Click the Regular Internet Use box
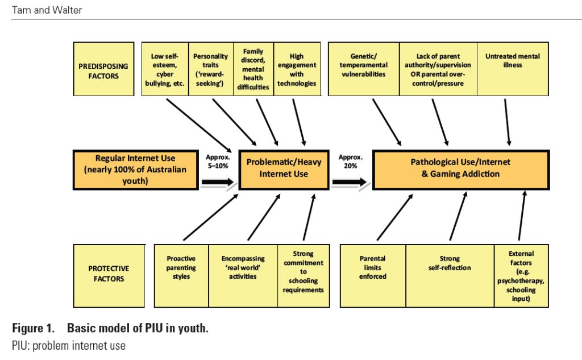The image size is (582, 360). [136, 169]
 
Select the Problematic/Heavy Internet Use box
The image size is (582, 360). [284, 168]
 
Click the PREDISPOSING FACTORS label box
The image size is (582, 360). [103, 69]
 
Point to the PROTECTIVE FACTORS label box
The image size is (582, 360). [108, 275]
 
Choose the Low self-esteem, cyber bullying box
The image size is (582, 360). [165, 69]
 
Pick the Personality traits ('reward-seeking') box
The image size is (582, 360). [210, 69]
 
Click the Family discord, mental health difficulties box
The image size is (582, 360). [253, 69]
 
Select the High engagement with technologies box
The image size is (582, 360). [297, 69]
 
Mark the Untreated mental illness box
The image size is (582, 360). [513, 69]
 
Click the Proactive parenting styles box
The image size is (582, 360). [181, 275]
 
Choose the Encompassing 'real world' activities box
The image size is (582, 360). [243, 275]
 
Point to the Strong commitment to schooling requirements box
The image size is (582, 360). [304, 275]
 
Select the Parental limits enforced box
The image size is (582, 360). [373, 275]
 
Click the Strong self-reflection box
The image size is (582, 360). [450, 275]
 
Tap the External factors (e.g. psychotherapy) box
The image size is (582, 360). [521, 275]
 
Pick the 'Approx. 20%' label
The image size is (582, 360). [350, 161]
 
